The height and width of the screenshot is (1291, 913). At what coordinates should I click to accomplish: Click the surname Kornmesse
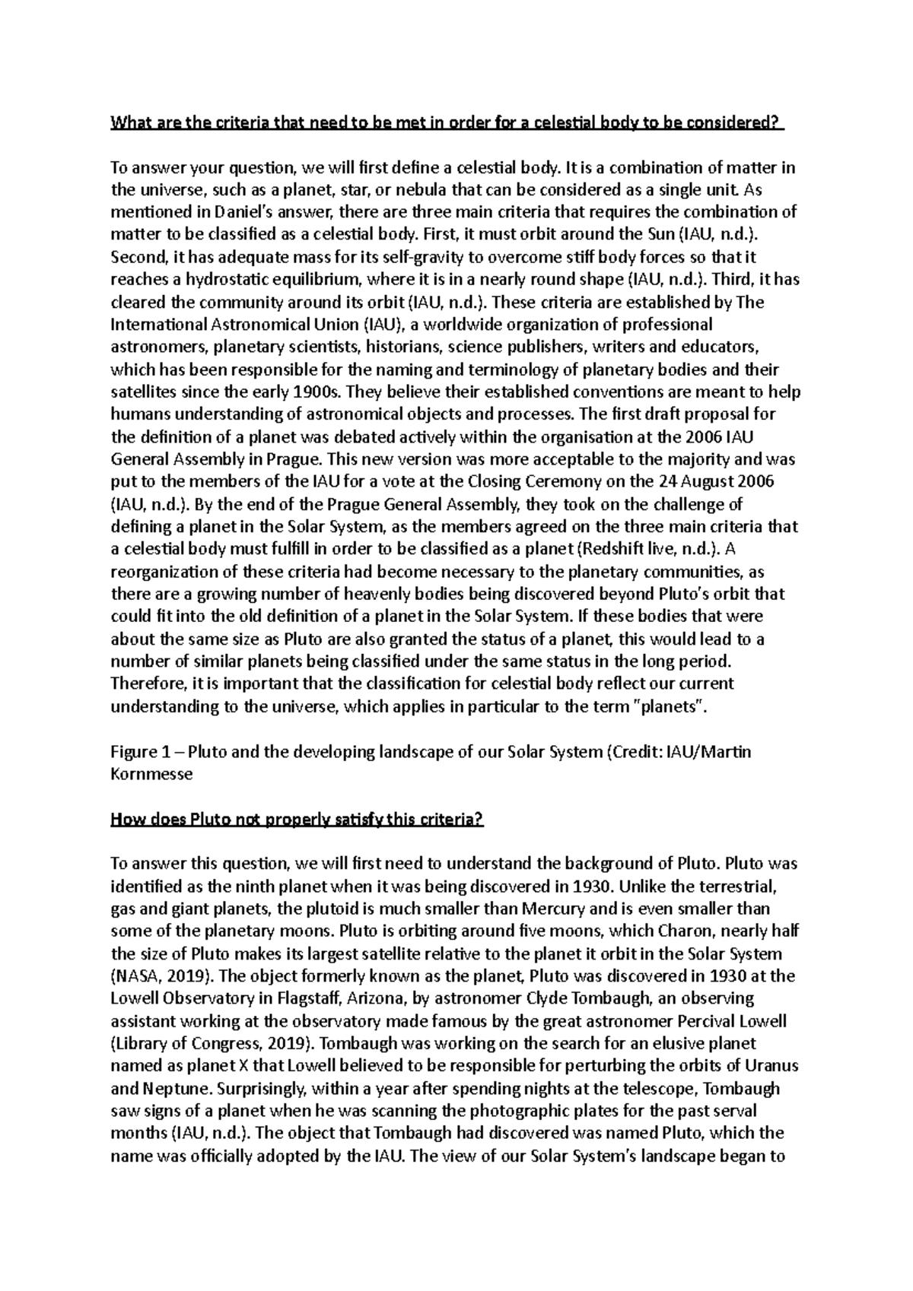click(151, 775)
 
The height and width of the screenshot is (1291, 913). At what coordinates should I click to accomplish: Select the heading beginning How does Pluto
click(297, 820)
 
